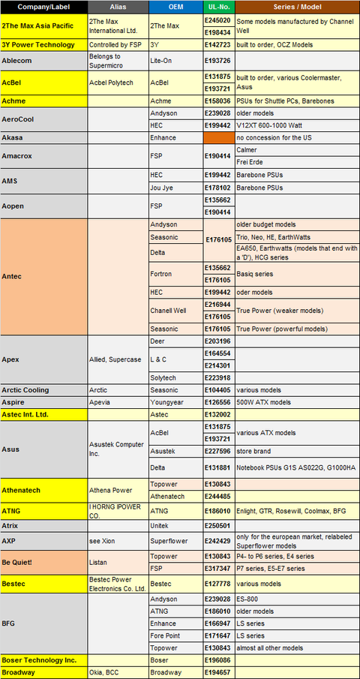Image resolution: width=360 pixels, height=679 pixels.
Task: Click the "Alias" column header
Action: [118, 6]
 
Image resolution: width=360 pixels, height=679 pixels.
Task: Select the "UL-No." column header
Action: [219, 6]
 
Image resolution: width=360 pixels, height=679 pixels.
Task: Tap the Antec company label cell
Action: [44, 276]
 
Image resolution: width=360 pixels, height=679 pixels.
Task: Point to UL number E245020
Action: [219, 21]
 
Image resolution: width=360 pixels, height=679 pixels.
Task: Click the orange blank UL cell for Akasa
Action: [219, 139]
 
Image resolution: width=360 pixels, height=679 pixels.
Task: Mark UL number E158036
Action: [219, 101]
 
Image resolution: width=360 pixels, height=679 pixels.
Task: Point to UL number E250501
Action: [219, 526]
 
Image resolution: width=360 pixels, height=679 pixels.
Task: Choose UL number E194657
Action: [219, 672]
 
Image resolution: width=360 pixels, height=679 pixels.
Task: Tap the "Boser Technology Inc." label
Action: [44, 659]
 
